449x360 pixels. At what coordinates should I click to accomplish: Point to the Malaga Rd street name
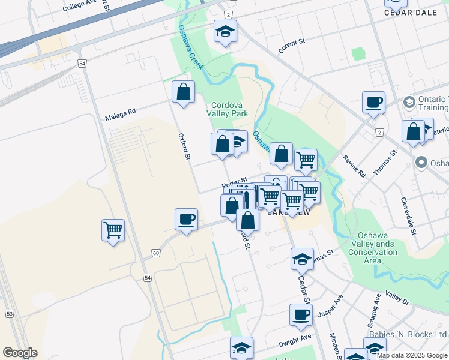click(121, 110)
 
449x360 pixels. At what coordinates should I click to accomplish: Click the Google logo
click(20, 353)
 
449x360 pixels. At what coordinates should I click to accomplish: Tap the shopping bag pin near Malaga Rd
click(184, 92)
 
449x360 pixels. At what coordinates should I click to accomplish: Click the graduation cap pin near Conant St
click(225, 32)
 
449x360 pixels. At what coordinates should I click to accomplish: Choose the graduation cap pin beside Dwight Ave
click(241, 348)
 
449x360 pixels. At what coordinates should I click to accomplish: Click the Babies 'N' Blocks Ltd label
click(415, 334)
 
